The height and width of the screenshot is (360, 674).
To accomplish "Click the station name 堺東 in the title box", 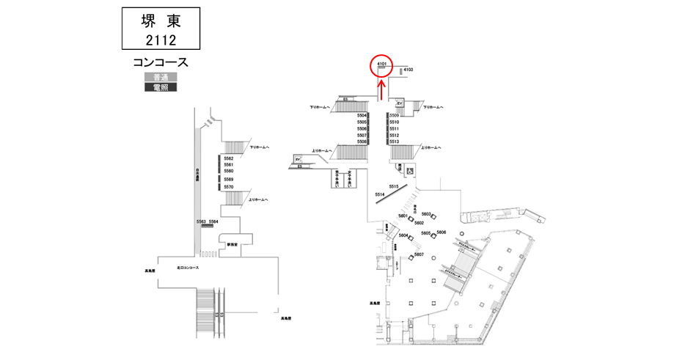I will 159,21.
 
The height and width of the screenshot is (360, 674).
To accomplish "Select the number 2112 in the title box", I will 159,39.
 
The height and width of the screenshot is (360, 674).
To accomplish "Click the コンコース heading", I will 161,62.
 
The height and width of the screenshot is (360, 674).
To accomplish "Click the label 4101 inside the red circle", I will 381,64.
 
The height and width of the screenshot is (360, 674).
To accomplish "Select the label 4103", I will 409,70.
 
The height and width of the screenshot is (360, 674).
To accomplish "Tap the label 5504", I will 362,116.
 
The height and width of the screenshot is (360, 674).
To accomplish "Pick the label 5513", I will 394,142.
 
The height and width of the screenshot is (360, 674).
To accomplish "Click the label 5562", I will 228,158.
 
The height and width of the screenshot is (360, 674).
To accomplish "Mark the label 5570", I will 228,187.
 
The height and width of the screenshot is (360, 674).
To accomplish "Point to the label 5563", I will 201,221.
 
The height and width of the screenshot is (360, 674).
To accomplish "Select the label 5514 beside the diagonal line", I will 379,194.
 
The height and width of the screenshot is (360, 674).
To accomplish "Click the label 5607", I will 419,254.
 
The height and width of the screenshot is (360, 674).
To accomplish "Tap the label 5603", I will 425,213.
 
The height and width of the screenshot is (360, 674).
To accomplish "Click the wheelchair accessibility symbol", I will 410,170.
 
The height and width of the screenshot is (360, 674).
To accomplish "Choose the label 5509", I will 394,116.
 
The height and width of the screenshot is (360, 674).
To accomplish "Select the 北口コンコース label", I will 188,268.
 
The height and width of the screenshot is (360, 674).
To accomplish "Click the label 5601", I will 403,216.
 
